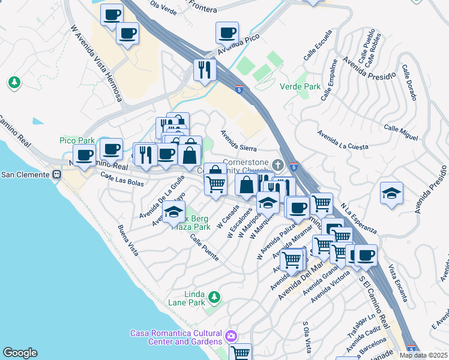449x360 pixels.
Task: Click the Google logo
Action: click(20, 353)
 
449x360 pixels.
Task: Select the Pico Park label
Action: click(77, 140)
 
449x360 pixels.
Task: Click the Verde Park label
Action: click(300, 86)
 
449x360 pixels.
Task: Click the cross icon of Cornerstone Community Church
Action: click(277, 164)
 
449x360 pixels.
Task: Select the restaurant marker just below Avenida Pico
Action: click(205, 70)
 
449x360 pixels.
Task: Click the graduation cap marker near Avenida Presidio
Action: click(391, 193)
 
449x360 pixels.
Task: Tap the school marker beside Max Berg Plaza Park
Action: click(173, 212)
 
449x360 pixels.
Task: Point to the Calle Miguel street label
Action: click(401, 133)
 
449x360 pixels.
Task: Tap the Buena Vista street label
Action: click(129, 240)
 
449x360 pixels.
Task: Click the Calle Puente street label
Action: click(204, 247)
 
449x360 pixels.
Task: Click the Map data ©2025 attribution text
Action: click(423, 355)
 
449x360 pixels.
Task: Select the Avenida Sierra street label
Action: click(238, 141)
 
